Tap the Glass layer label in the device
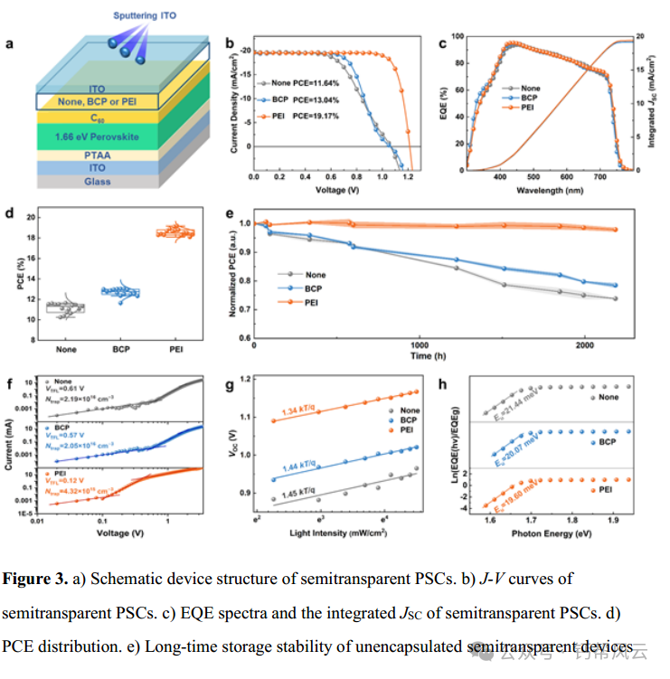tap(97, 182)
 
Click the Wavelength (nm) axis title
tap(551, 192)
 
